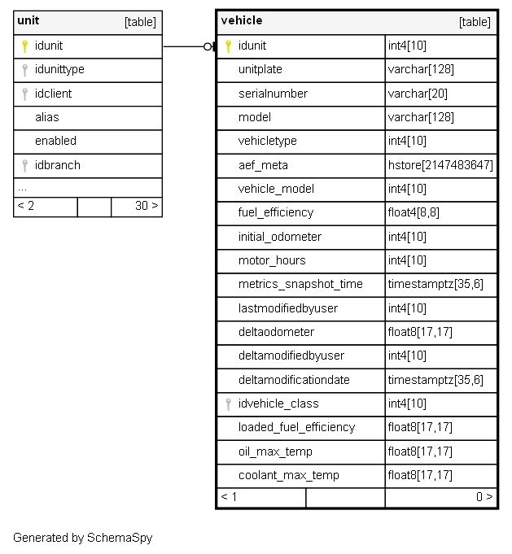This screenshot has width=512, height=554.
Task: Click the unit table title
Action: (28, 21)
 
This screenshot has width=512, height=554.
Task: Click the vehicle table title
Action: (242, 21)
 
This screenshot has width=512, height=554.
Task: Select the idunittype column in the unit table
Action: (59, 70)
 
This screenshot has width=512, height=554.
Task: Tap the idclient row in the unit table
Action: (53, 94)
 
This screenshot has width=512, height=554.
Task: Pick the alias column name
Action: (46, 117)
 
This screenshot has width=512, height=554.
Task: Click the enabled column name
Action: (55, 141)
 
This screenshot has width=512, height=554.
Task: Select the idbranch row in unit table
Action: (57, 165)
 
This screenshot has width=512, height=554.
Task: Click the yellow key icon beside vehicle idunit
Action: (229, 46)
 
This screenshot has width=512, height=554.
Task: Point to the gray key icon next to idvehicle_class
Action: (229, 404)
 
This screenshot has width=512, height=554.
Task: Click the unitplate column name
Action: (260, 70)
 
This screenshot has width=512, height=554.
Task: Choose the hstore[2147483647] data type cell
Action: (440, 165)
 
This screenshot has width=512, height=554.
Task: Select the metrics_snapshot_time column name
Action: (300, 284)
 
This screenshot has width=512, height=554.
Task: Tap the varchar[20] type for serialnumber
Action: (418, 94)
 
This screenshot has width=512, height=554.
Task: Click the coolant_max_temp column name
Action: (287, 475)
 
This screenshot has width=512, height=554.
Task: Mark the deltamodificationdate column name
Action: (294, 380)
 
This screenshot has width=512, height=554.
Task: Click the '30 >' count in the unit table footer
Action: (146, 206)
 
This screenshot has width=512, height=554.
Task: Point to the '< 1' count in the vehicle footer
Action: (230, 496)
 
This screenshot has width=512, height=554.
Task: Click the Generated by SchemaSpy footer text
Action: (82, 538)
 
